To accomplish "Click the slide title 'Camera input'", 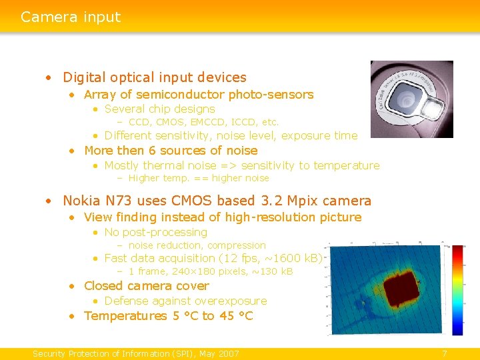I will [x=71, y=17].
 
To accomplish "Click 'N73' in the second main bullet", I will [x=121, y=201].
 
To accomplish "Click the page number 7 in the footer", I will [x=445, y=353].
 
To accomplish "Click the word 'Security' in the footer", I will [x=52, y=353].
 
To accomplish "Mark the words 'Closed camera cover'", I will [x=146, y=286].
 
